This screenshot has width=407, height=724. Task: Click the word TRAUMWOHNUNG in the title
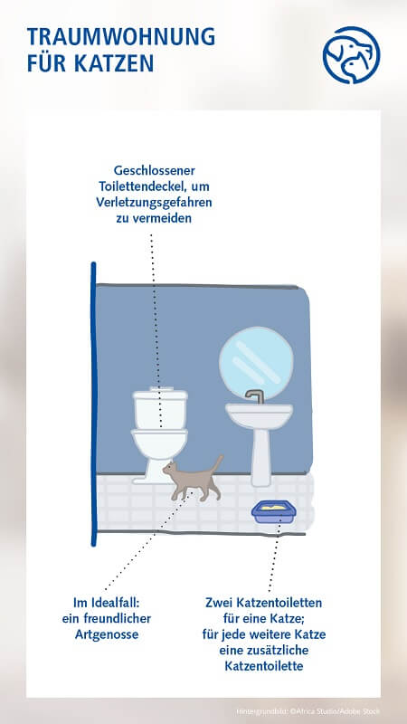(121, 37)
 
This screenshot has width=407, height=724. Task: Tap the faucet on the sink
(256, 396)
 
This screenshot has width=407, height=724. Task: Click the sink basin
(259, 416)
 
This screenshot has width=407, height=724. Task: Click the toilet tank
(160, 408)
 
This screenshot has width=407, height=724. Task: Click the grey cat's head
(171, 470)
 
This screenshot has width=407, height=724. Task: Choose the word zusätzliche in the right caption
(289, 651)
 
